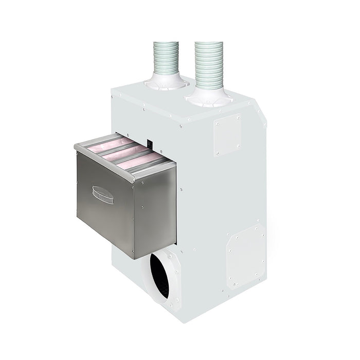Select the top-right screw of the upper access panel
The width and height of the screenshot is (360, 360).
[239, 117]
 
